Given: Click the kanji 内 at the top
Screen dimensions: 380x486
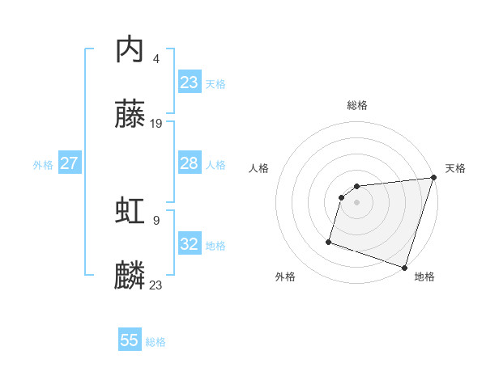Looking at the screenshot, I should pyautogui.click(x=130, y=50).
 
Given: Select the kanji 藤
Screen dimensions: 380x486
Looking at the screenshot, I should pyautogui.click(x=130, y=115).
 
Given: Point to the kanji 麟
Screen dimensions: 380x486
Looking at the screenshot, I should pyautogui.click(x=130, y=276).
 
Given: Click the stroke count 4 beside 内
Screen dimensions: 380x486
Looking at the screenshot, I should pyautogui.click(x=156, y=58).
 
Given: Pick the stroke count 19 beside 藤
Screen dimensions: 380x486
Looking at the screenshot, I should pyautogui.click(x=156, y=123).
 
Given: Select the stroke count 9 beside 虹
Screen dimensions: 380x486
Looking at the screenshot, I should pyautogui.click(x=156, y=220).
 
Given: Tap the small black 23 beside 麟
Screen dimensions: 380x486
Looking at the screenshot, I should pyautogui.click(x=156, y=285).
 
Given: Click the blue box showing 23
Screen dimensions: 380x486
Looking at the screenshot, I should pyautogui.click(x=190, y=82).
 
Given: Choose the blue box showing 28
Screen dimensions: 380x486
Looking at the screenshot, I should pyautogui.click(x=190, y=163).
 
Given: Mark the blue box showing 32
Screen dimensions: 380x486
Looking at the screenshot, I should pyautogui.click(x=190, y=244).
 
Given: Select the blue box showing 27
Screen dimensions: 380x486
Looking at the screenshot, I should pyautogui.click(x=69, y=163).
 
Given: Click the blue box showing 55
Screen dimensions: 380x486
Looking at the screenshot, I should pyautogui.click(x=130, y=340).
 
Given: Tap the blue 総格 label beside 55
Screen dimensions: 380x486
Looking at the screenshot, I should pyautogui.click(x=156, y=342).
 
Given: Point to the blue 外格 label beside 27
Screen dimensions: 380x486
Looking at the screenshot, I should pyautogui.click(x=43, y=165).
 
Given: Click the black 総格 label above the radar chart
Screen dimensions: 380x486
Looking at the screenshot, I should pyautogui.click(x=357, y=105).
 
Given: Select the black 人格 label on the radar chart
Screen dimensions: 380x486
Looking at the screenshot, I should pyautogui.click(x=258, y=168).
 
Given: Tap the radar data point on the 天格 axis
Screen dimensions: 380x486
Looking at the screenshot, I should pyautogui.click(x=433, y=179).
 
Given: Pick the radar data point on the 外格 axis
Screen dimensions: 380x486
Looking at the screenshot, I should pyautogui.click(x=330, y=241).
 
